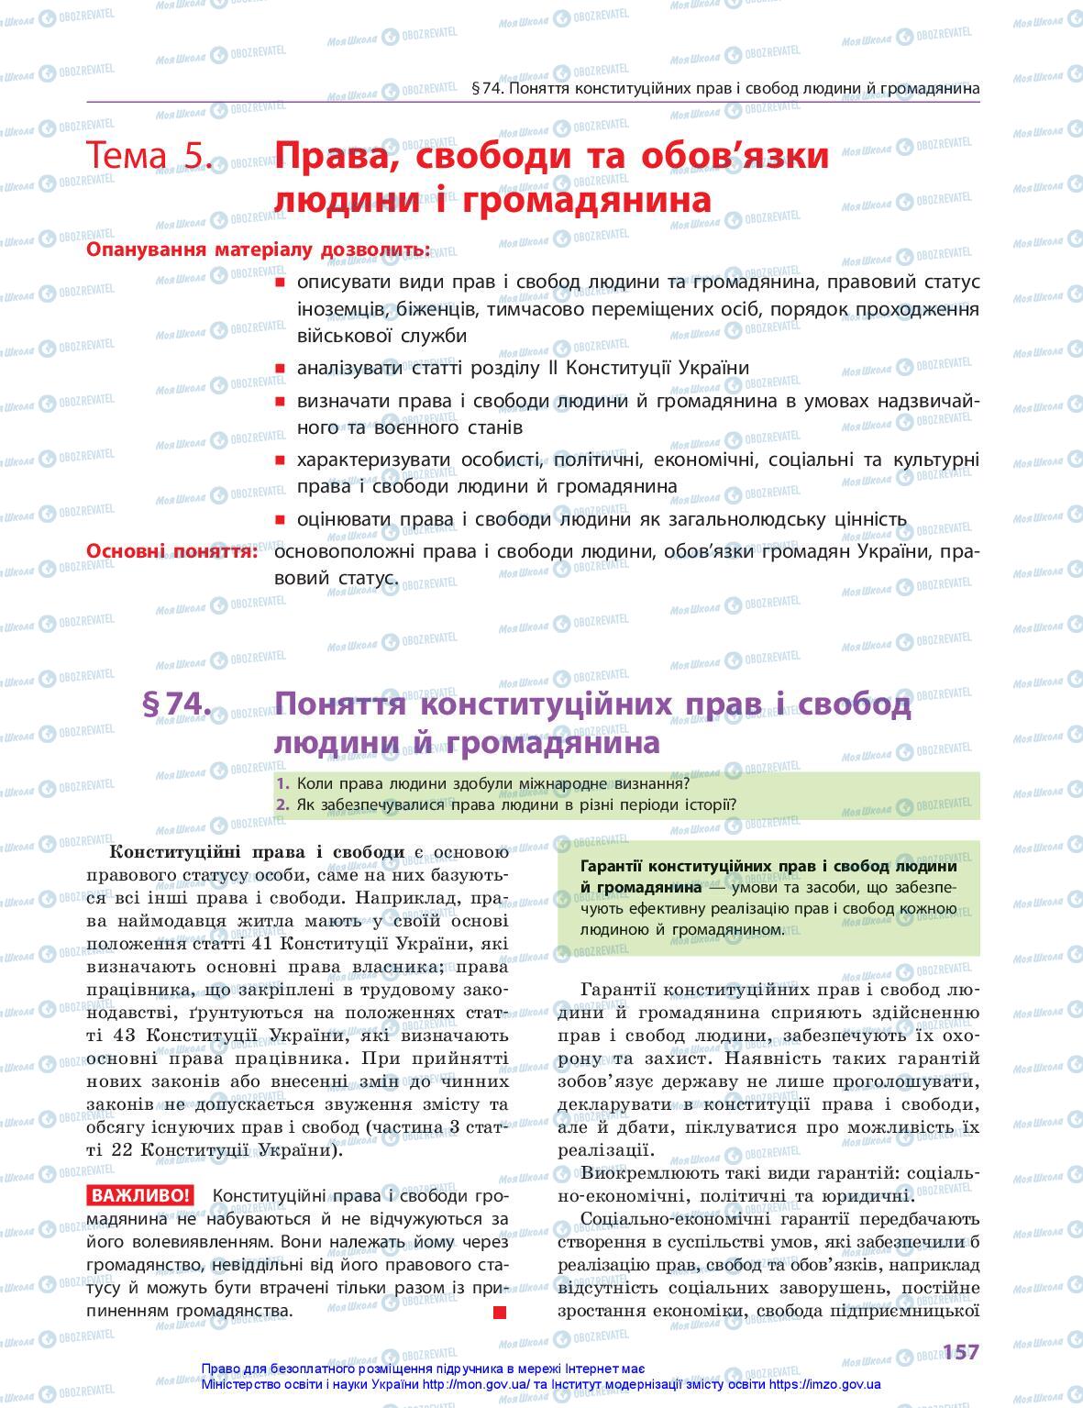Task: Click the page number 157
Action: (960, 1352)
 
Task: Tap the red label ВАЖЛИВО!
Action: (139, 1195)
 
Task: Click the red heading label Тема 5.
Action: (149, 156)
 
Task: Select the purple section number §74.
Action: (177, 704)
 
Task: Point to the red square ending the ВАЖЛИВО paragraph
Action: (500, 1313)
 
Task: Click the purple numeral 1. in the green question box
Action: (282, 784)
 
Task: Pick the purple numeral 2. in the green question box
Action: (282, 805)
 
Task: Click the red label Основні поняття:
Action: (171, 550)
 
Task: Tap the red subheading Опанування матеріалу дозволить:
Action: (258, 249)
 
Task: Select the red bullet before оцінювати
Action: (280, 520)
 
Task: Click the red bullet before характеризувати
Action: (280, 460)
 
